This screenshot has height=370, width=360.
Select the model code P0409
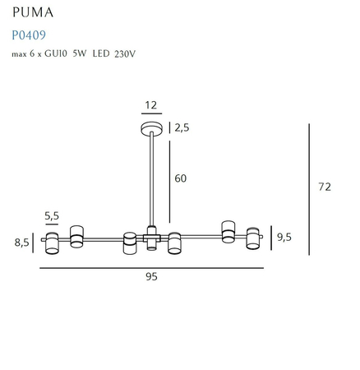click(28, 35)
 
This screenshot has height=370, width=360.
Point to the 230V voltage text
click(150, 55)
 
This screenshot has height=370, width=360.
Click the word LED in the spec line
click(122, 55)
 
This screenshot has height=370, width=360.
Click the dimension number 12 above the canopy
click(151, 105)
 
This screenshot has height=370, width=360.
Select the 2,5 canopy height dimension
click(182, 127)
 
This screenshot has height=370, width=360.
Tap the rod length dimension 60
click(181, 178)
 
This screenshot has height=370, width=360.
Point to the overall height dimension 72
click(324, 187)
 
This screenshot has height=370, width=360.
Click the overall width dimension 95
click(151, 278)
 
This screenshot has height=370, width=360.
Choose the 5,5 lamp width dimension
click(51, 216)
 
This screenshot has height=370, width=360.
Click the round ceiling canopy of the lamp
click(151, 128)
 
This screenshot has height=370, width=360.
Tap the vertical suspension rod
click(151, 181)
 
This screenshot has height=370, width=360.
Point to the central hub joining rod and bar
click(151, 238)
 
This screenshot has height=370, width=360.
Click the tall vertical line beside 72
click(309, 187)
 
